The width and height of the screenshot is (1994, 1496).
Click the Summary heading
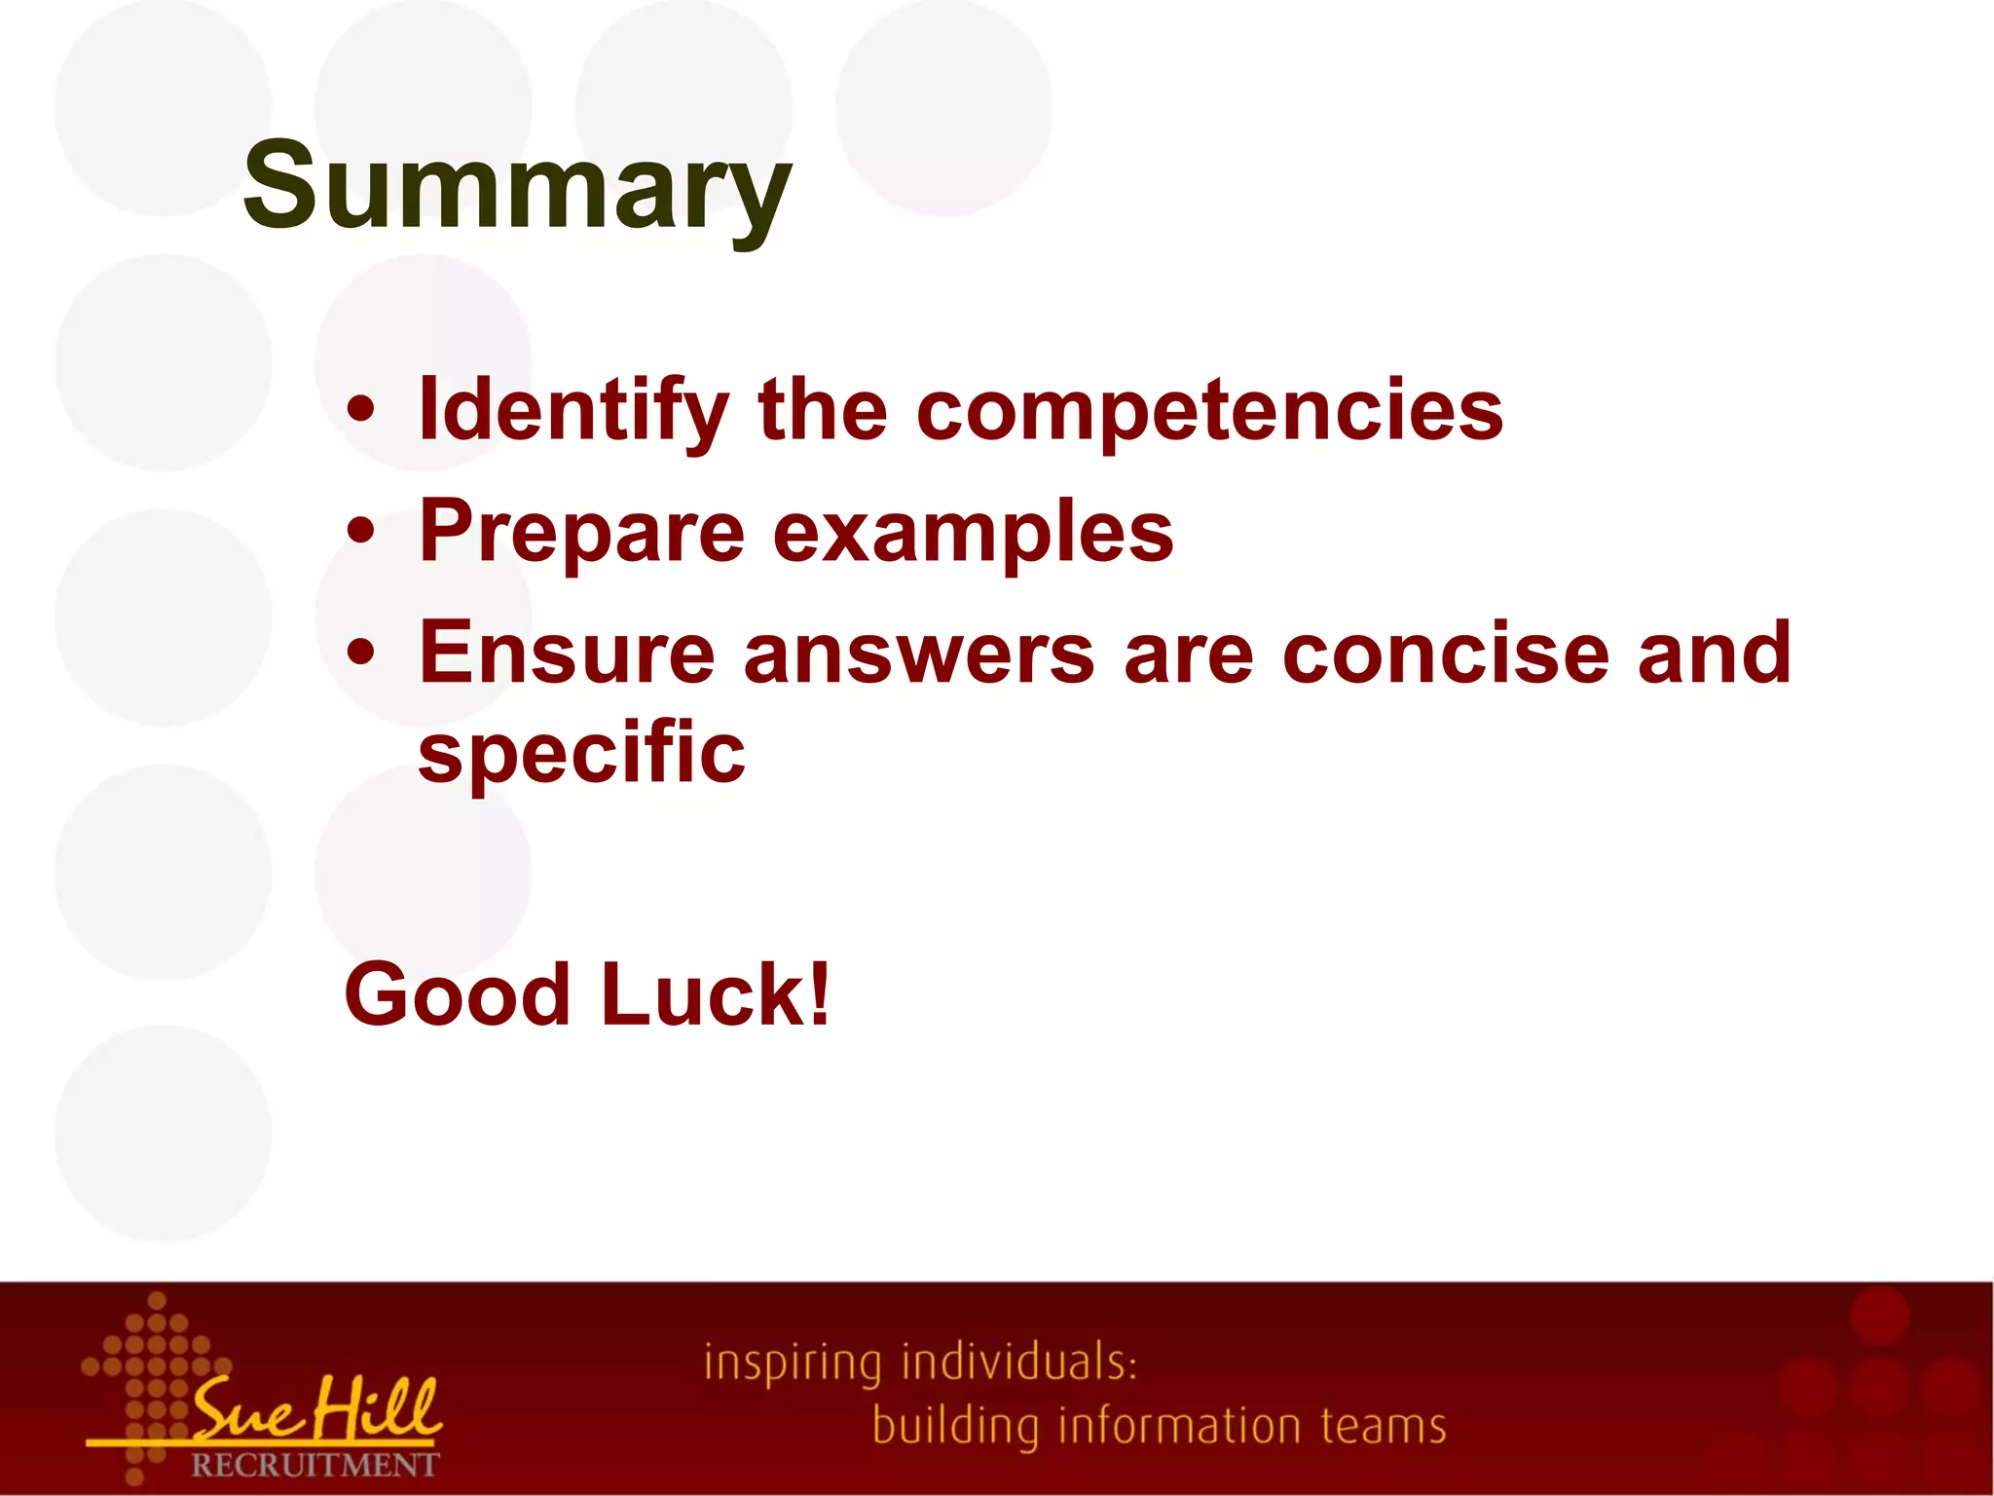[x=517, y=187]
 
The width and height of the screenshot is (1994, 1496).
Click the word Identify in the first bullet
[x=573, y=411]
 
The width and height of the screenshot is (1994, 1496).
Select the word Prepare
[x=581, y=533]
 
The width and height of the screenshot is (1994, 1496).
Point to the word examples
[x=974, y=533]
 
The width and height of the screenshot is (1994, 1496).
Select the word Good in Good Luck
[x=457, y=994]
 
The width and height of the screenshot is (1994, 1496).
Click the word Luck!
[x=716, y=994]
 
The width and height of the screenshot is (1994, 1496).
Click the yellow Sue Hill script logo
[x=316, y=1409]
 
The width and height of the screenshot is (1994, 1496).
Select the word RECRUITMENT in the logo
[x=314, y=1465]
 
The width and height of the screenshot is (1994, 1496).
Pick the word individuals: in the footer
[x=1019, y=1362]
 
